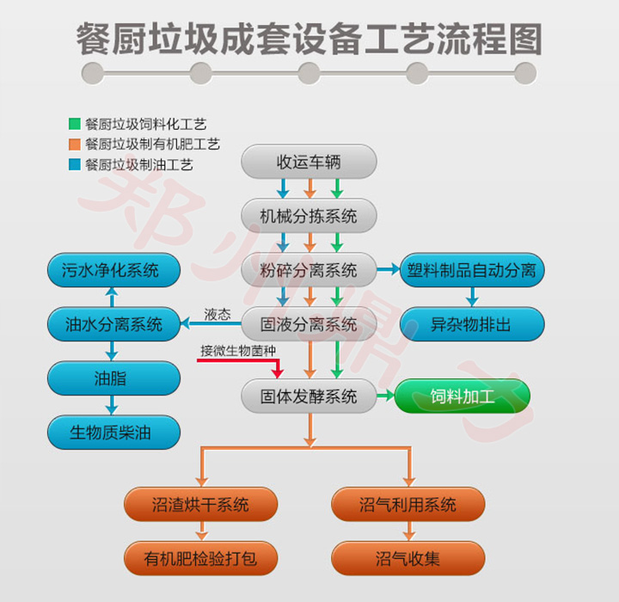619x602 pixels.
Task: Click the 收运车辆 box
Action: [x=309, y=162]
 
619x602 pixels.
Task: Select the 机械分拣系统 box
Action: [x=309, y=216]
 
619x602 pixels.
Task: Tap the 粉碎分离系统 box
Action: [x=309, y=271]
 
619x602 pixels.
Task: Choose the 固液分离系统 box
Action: [x=309, y=324]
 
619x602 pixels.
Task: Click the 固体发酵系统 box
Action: [x=309, y=397]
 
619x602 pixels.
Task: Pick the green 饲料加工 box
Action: [x=463, y=396]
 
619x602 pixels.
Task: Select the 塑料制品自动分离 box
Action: [x=472, y=271]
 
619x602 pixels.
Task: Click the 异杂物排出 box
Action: [x=472, y=324]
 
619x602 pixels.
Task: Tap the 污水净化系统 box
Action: [x=113, y=271]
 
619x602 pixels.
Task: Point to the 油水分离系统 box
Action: [x=113, y=324]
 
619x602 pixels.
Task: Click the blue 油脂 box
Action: [x=113, y=378]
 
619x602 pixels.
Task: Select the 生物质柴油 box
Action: [x=113, y=433]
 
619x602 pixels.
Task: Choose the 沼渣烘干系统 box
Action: [x=200, y=505]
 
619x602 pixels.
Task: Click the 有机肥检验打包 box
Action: [x=200, y=558]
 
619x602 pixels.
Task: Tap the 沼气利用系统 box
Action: [x=408, y=505]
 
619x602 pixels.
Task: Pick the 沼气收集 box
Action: [x=408, y=558]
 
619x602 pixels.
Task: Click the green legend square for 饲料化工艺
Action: [x=75, y=125]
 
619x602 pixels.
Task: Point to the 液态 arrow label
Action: [x=217, y=315]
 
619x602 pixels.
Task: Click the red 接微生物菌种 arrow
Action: [x=236, y=360]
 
